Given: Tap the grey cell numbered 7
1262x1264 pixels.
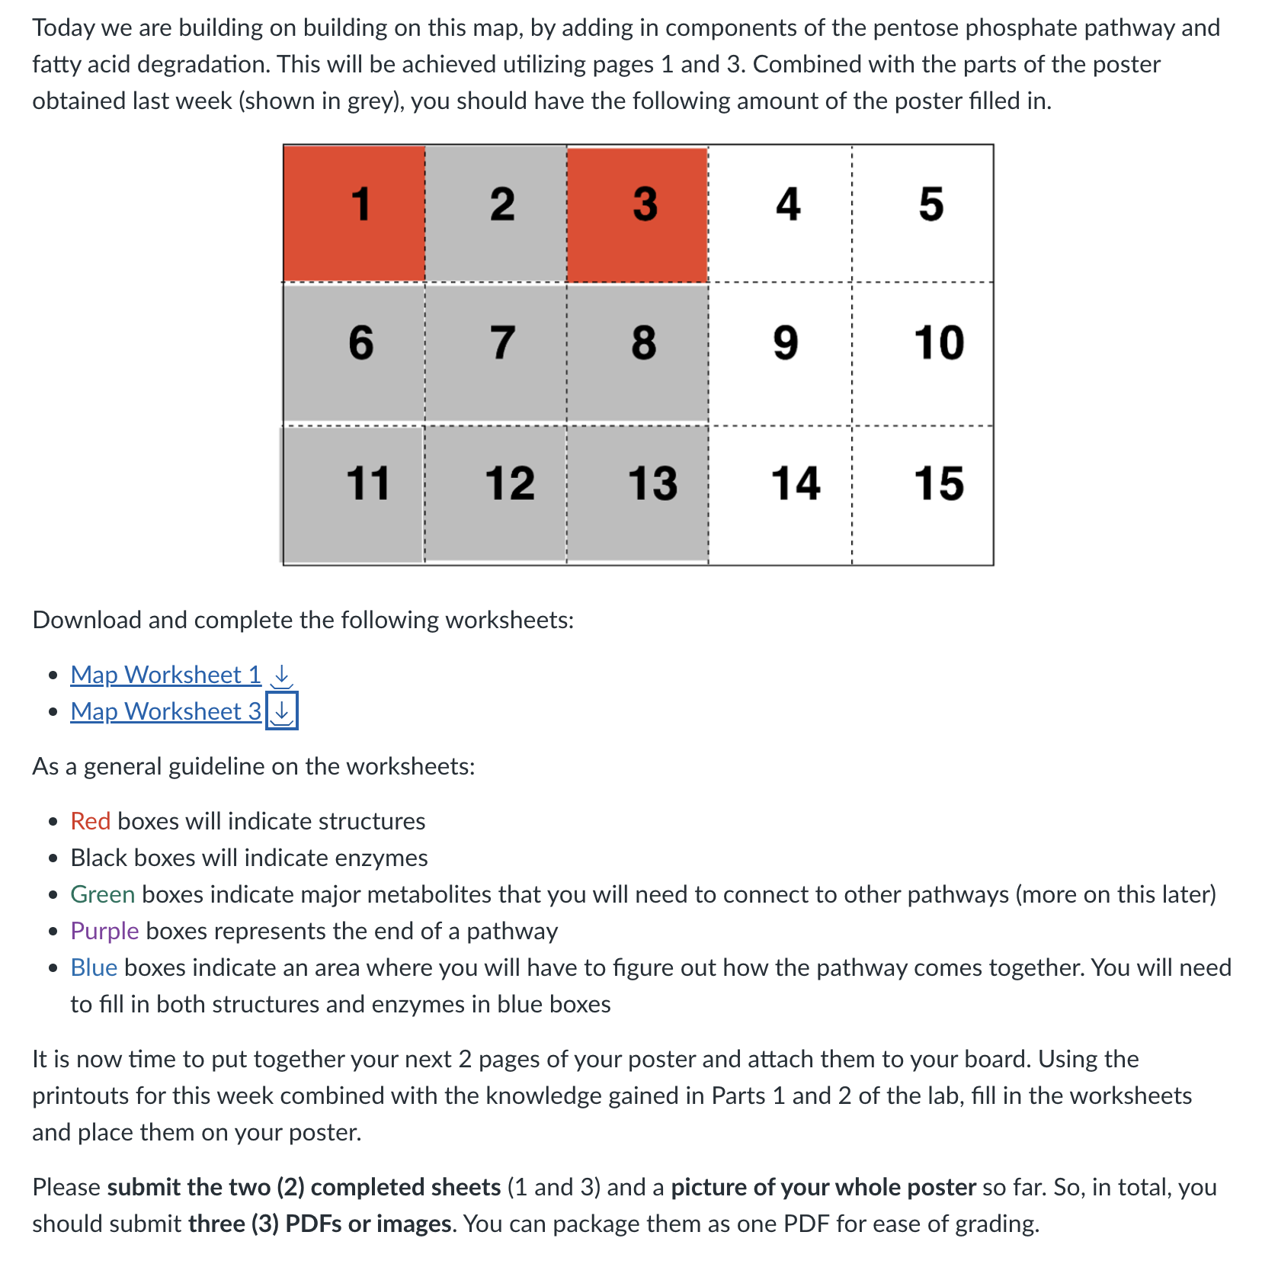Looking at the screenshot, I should coord(496,352).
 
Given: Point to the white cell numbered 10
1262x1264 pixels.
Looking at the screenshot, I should coord(923,352).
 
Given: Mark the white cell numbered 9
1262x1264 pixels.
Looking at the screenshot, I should coord(780,352).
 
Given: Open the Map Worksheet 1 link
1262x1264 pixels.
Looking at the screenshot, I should coord(165,675).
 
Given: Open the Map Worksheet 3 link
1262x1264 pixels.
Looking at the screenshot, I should coord(165,711).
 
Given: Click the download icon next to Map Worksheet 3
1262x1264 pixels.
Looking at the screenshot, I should coord(282,711).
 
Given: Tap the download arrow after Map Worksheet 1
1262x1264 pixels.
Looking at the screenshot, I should coord(282,675).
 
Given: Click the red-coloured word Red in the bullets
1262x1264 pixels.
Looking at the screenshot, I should coord(90,821).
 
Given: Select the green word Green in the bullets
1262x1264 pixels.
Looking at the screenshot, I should coord(102,894).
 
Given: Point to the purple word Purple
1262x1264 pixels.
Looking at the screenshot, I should coord(104,931).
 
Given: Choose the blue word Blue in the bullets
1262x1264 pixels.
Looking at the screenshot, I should coord(93,967).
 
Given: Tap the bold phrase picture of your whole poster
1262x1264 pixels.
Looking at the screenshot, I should coord(823,1187).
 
